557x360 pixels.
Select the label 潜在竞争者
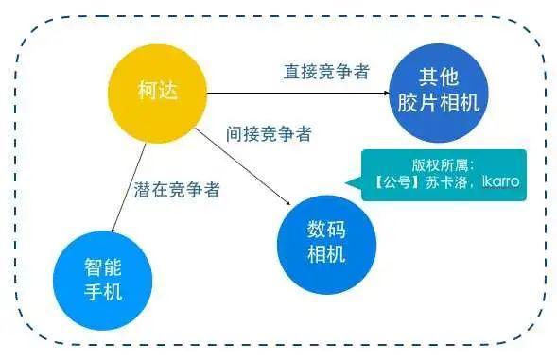click(x=178, y=189)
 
